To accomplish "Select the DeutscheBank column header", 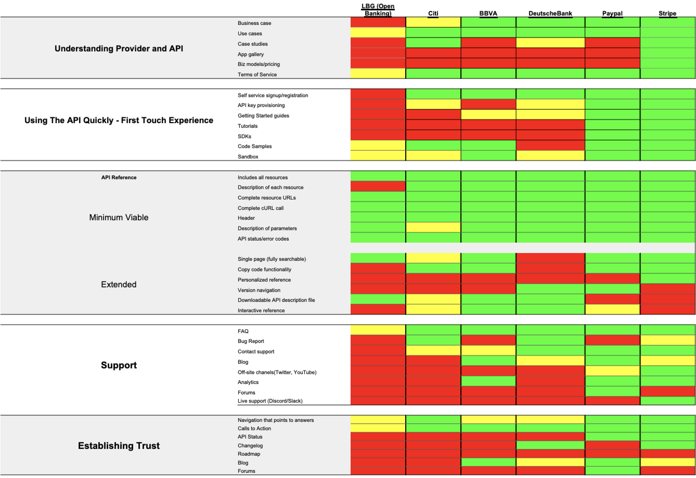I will [550, 13].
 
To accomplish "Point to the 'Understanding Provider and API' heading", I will [119, 49].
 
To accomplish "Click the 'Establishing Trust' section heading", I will [119, 446].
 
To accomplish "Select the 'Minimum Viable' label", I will [119, 217].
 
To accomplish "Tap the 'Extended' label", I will [119, 284].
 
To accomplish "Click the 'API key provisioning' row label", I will [261, 105].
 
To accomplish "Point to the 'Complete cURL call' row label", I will [260, 208].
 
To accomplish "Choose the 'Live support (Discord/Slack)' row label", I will [270, 401].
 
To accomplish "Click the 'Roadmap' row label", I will [249, 454].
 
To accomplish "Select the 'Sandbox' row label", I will [248, 157].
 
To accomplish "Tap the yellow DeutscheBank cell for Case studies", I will [550, 43].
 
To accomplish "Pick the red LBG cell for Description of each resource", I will [378, 186].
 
